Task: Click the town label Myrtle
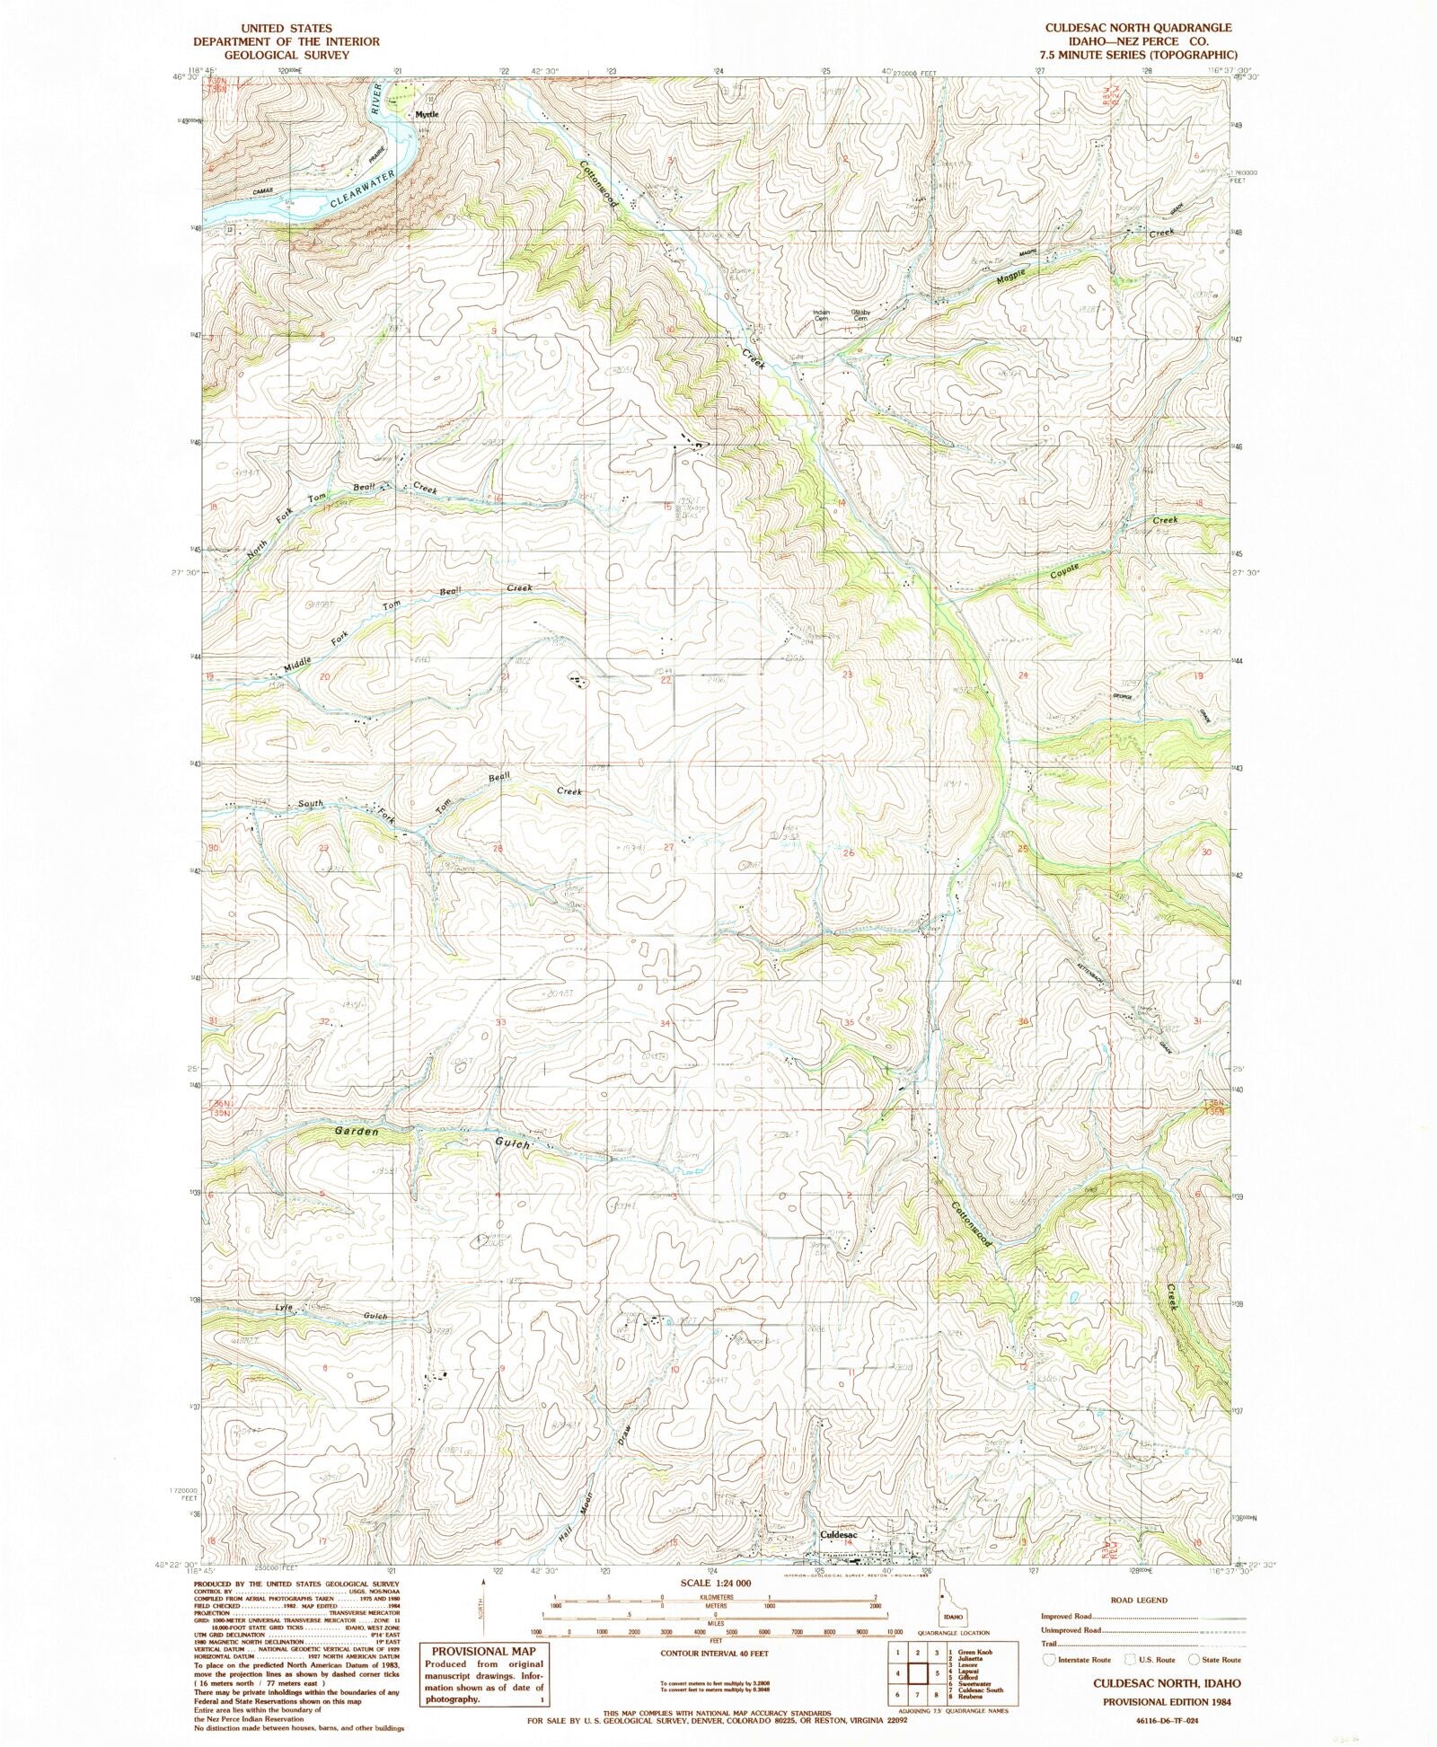point(427,115)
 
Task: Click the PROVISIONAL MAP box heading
point(485,1651)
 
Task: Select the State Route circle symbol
point(1195,1660)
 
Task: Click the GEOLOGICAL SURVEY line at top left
point(274,54)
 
